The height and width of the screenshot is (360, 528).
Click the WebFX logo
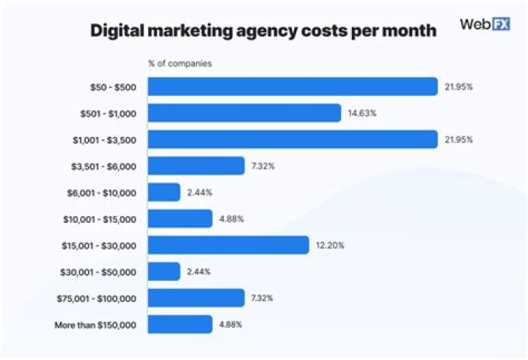[484, 24]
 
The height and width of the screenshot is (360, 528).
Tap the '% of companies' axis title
[180, 64]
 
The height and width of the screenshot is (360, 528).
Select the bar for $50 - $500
[293, 87]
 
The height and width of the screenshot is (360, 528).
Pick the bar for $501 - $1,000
[244, 113]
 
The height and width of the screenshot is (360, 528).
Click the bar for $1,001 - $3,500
[293, 139]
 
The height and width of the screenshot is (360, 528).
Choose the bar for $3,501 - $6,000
[196, 166]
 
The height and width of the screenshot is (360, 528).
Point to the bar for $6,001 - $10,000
[164, 192]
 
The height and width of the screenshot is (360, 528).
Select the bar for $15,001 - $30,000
[228, 245]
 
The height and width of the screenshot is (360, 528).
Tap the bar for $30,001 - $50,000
[164, 271]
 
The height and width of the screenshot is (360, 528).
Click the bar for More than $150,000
[180, 324]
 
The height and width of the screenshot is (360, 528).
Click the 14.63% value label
[362, 113]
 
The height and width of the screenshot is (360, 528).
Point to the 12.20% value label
[329, 245]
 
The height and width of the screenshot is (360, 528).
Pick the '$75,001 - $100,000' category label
[96, 298]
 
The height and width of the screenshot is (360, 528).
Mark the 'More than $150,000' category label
[95, 324]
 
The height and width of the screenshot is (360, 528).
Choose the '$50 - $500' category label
[113, 87]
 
